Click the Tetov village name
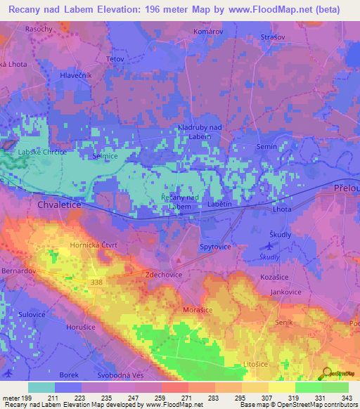point(115,59)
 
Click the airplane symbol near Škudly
point(267,246)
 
